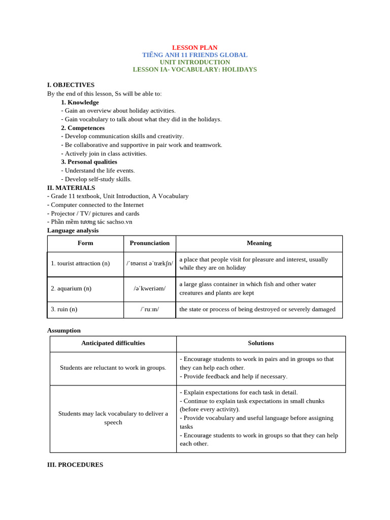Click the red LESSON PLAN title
(x=194, y=48)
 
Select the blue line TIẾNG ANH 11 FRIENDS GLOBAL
(x=194, y=55)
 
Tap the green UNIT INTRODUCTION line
(x=194, y=62)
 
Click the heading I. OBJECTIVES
(x=71, y=85)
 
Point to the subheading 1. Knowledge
(x=80, y=102)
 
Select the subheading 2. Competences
(x=83, y=128)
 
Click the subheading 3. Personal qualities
(x=89, y=162)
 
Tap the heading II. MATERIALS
(x=71, y=188)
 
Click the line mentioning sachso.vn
(x=89, y=222)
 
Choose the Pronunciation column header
(x=150, y=243)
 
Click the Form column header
(x=85, y=243)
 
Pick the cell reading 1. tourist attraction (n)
(x=80, y=264)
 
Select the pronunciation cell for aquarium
(x=150, y=288)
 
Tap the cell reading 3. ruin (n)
(x=64, y=309)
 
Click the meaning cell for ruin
(x=257, y=309)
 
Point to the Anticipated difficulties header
(x=113, y=343)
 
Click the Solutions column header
(x=261, y=343)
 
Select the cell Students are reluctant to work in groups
(x=113, y=368)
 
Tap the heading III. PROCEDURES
(x=75, y=465)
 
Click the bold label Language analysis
(x=73, y=231)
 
